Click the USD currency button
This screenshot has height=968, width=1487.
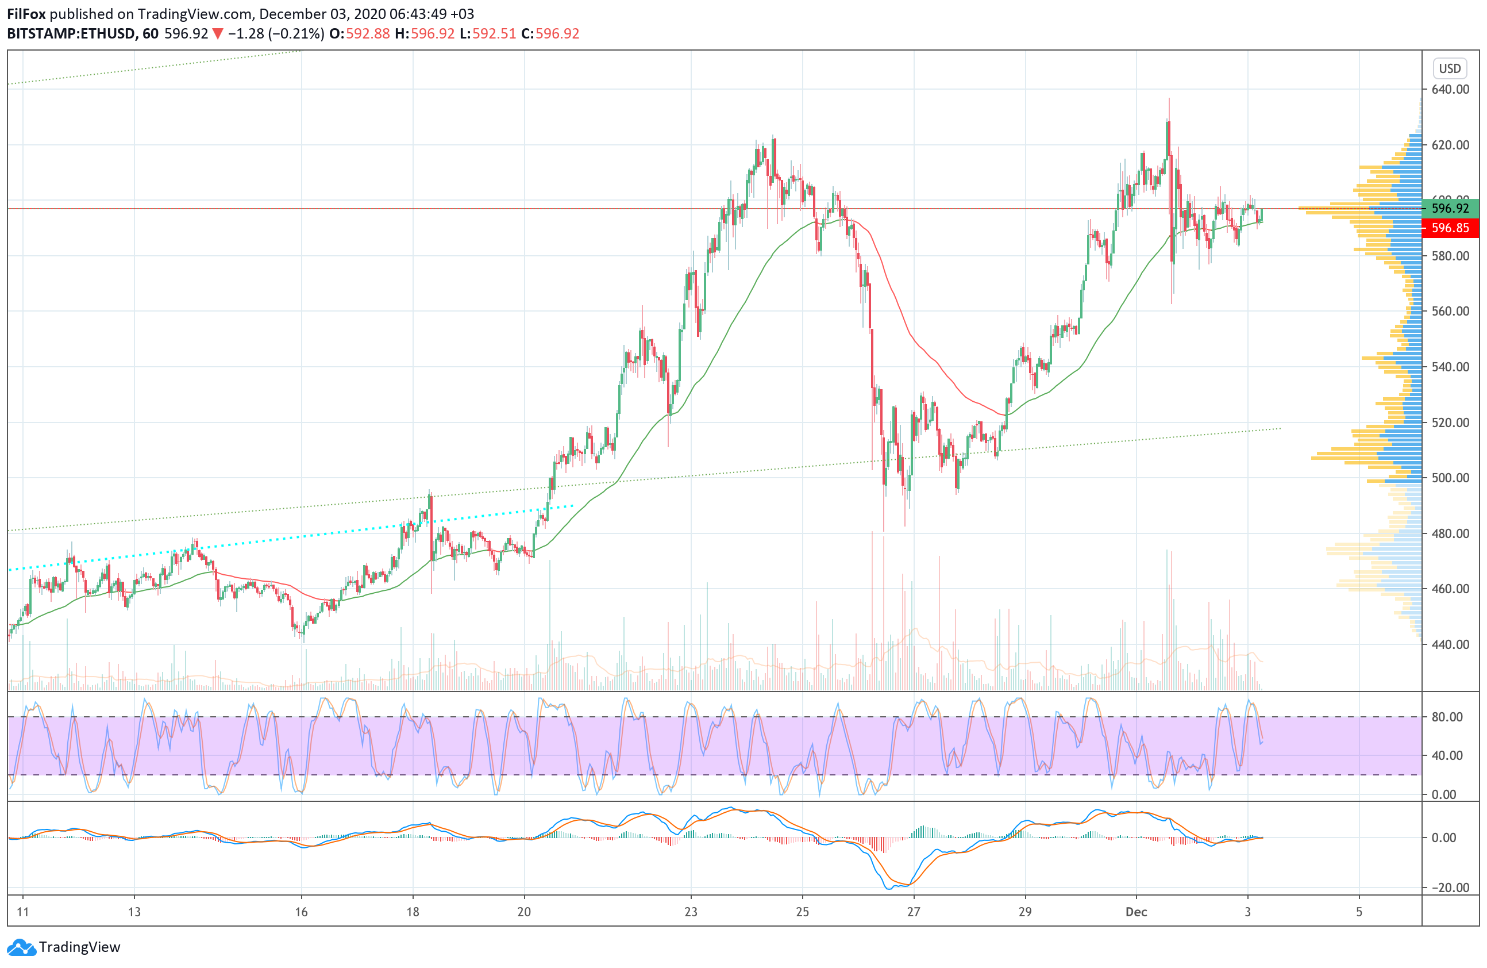click(x=1450, y=68)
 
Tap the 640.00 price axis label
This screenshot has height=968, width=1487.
click(x=1450, y=89)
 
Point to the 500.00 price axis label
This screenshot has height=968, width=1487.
click(x=1450, y=478)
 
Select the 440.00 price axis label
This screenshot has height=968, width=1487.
click(x=1450, y=644)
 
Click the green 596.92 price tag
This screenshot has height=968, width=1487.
click(x=1450, y=208)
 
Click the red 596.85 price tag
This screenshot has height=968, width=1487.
click(x=1450, y=228)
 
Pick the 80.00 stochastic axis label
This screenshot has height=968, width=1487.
click(x=1447, y=717)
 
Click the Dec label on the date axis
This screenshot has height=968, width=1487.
click(x=1136, y=912)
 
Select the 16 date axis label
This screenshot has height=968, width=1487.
click(x=301, y=912)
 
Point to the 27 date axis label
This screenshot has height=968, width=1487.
click(x=914, y=912)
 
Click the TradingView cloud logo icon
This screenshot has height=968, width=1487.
click(x=21, y=947)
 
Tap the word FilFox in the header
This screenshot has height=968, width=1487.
click(x=26, y=14)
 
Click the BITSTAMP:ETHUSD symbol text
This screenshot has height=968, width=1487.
click(x=71, y=34)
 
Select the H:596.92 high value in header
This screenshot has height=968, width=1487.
click(x=425, y=34)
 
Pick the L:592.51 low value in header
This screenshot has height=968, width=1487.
click(x=488, y=34)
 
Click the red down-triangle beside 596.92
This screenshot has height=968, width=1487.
click(x=217, y=34)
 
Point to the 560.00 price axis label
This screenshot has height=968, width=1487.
click(x=1450, y=311)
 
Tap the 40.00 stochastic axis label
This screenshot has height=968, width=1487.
click(x=1447, y=755)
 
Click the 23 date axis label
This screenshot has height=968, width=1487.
click(x=691, y=912)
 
